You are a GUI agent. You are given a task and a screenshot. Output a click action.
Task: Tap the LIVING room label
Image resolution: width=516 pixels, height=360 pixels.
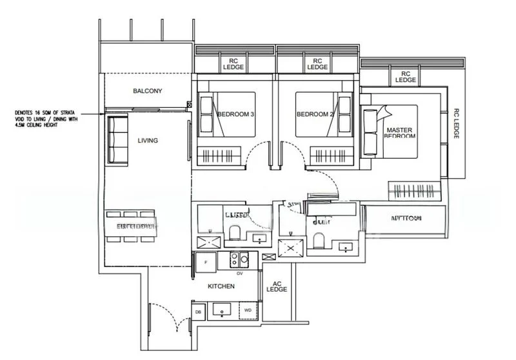(148, 140)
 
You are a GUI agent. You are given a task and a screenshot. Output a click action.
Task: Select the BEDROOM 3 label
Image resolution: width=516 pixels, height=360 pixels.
(235, 115)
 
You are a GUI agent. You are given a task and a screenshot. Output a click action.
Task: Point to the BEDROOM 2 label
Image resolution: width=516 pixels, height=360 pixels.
(315, 115)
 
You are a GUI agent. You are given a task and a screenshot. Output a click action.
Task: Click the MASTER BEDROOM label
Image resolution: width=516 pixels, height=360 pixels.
(400, 132)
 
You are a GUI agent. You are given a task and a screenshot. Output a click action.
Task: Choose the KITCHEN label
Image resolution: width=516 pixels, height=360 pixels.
(221, 286)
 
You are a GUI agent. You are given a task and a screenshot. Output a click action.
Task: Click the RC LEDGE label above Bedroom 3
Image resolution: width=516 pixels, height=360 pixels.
(233, 63)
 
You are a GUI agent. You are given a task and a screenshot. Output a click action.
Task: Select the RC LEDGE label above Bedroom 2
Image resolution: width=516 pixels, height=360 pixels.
(317, 63)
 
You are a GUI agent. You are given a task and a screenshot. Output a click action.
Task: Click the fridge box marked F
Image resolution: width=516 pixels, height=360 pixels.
(205, 262)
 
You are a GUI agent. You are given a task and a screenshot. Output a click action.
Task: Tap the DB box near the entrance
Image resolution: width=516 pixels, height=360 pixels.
(198, 312)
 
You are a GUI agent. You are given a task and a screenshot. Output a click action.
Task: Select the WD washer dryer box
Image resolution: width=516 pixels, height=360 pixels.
(248, 312)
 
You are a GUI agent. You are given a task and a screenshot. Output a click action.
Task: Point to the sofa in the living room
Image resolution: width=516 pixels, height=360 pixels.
(117, 139)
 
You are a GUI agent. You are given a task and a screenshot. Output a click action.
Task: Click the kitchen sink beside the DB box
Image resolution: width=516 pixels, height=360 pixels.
(223, 311)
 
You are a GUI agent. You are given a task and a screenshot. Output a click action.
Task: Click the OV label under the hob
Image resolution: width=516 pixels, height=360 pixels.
(239, 273)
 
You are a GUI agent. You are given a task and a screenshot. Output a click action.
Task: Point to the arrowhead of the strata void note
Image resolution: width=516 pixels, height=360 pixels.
(103, 114)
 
